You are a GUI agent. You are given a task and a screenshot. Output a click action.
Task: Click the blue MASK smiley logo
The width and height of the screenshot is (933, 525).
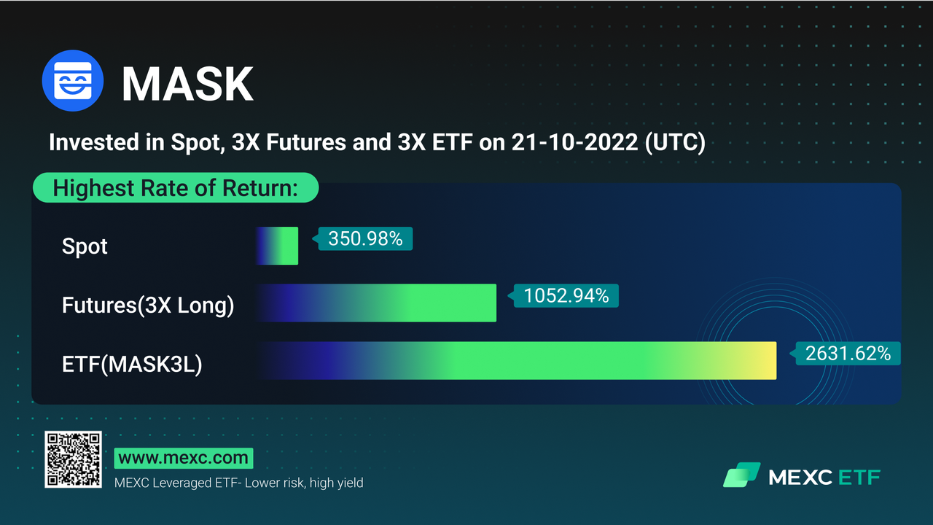[x=73, y=80]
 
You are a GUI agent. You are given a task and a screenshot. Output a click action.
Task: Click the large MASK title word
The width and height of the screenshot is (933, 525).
[x=187, y=84]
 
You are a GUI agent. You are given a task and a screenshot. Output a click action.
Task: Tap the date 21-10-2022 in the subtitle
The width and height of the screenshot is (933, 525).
[x=574, y=142]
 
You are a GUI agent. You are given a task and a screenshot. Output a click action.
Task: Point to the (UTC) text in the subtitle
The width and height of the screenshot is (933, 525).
[x=675, y=142]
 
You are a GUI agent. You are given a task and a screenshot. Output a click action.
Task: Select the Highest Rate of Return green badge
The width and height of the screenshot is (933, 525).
[x=176, y=187]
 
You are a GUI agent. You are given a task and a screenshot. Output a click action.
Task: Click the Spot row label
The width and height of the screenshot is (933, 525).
[x=85, y=246]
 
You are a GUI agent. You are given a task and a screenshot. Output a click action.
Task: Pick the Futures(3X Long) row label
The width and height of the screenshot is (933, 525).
[x=148, y=305]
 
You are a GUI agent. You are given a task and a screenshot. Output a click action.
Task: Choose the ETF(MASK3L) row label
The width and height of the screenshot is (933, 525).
[x=132, y=364]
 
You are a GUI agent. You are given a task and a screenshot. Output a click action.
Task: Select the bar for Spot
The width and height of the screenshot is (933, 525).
[x=277, y=246]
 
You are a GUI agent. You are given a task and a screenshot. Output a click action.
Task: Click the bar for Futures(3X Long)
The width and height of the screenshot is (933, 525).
[x=376, y=303]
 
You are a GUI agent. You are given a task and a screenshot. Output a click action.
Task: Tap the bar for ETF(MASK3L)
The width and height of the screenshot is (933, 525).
[x=516, y=360]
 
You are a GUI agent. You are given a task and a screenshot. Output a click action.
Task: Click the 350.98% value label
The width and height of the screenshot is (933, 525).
[x=365, y=238]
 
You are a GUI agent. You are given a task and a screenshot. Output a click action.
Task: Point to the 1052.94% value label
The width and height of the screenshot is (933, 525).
[x=566, y=296]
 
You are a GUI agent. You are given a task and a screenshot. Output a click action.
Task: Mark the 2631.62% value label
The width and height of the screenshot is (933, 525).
[x=848, y=354]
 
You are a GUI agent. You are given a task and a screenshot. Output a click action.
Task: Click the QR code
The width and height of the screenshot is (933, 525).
[x=74, y=459]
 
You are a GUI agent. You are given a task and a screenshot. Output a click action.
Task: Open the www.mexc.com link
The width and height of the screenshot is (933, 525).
[x=184, y=459]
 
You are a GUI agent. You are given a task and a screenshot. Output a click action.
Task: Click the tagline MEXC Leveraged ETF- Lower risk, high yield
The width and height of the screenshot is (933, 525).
[x=238, y=483]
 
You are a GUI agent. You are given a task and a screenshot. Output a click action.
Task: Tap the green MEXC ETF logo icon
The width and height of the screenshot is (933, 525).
[x=742, y=475]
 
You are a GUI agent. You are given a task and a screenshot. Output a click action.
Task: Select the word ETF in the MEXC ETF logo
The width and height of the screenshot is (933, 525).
[x=859, y=478]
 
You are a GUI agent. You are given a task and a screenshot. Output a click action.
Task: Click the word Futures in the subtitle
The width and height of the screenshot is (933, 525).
[x=306, y=142]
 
